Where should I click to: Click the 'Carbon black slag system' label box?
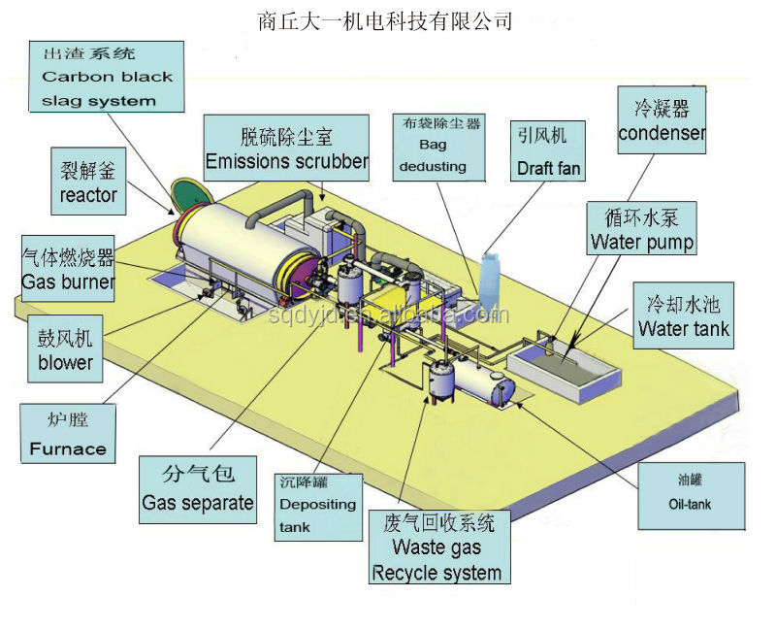(x=107, y=77)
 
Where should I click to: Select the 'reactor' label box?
(x=88, y=182)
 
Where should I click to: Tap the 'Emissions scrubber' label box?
(x=286, y=148)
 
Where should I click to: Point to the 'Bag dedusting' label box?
(x=438, y=148)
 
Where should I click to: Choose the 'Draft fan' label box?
(x=548, y=150)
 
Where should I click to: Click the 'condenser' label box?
(x=662, y=119)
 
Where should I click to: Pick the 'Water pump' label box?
(x=641, y=228)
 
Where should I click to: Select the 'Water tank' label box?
(x=684, y=315)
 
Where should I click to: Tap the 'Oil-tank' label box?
(x=691, y=496)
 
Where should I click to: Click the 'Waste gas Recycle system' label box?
(x=439, y=547)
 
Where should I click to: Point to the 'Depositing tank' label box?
(x=318, y=507)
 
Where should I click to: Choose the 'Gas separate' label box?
(x=198, y=490)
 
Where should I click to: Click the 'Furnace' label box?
(x=68, y=434)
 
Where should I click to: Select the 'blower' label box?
(x=65, y=348)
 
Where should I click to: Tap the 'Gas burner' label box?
(x=68, y=269)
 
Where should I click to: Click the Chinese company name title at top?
(x=384, y=20)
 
